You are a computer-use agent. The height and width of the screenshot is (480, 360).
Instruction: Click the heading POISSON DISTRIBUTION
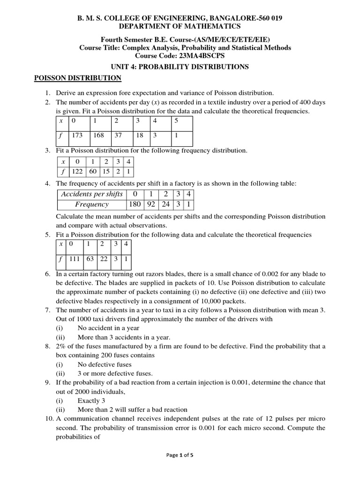pos(78,78)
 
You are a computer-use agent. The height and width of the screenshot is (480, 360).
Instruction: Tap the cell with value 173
pos(76,135)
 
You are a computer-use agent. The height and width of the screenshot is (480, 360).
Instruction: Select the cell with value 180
pos(134,204)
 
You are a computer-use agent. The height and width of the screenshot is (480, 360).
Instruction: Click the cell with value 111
pos(74,259)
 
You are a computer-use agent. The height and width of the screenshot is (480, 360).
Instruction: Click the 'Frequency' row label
pos(92,204)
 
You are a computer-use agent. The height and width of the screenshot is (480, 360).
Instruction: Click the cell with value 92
pos(151,204)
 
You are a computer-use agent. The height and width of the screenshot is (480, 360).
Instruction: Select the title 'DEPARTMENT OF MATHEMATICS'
pos(180,26)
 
